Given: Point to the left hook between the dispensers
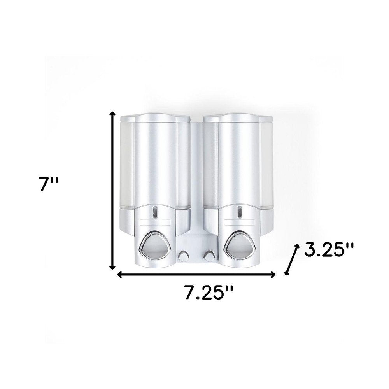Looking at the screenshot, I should point(182,256).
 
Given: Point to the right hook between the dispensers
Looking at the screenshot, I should point(209,256).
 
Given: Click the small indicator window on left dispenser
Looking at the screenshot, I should point(155,212).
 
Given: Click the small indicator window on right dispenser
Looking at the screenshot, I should point(239,212).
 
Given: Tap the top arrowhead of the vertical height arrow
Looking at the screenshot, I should point(113,113).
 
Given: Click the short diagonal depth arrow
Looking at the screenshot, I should point(292,260).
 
